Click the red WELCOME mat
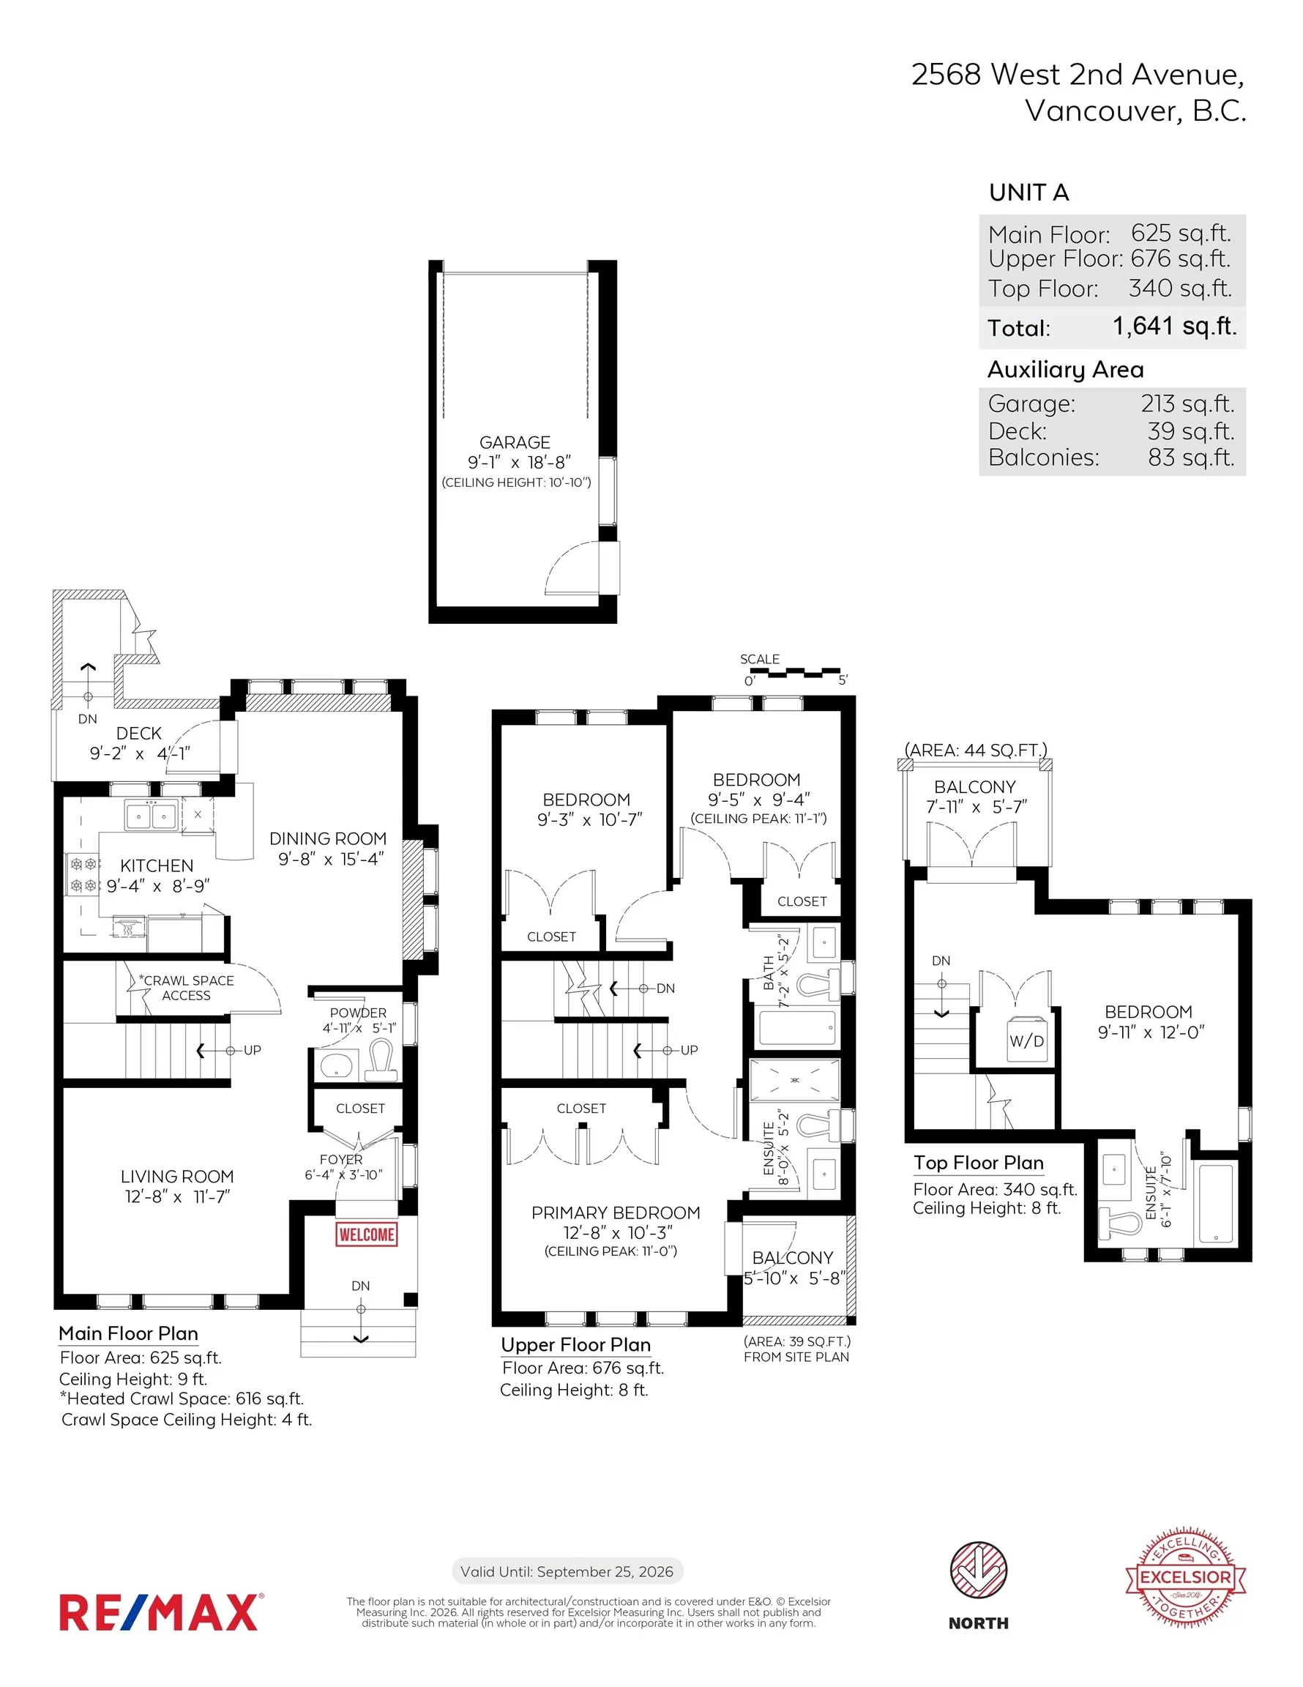click(366, 1234)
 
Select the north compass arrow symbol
click(978, 1570)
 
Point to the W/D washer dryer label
click(1026, 1040)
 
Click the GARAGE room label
click(515, 442)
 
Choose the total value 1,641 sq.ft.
click(1174, 326)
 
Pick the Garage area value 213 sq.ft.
click(1187, 403)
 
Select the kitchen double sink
click(152, 815)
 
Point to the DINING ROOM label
click(327, 839)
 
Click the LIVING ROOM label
click(177, 1177)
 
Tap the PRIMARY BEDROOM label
click(616, 1213)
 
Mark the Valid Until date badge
click(567, 1571)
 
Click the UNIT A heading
click(1028, 193)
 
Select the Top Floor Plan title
click(978, 1163)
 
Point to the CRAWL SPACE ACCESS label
click(186, 988)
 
